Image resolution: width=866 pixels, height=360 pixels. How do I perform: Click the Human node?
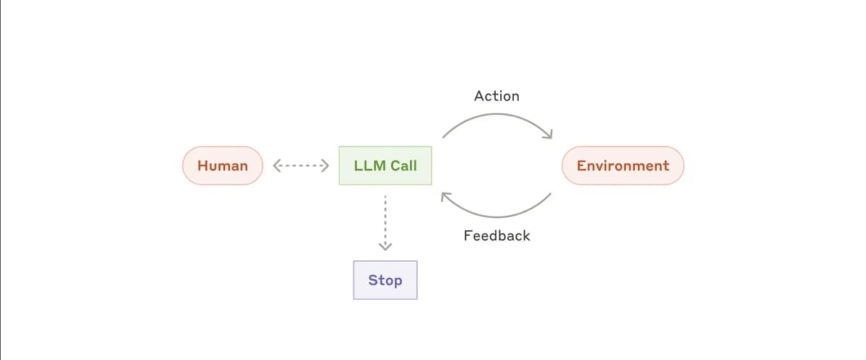(x=222, y=165)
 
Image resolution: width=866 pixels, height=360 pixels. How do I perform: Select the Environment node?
(x=622, y=165)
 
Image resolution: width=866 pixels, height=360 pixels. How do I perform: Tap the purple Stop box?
(x=385, y=280)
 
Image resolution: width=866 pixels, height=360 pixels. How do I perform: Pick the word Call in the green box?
(x=403, y=165)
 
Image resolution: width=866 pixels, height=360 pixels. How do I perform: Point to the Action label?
(x=497, y=95)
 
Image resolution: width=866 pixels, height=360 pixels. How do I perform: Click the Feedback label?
(x=497, y=235)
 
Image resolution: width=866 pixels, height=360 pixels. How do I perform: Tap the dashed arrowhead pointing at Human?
(x=276, y=165)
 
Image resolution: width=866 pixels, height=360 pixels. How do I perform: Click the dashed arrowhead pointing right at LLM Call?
(x=325, y=165)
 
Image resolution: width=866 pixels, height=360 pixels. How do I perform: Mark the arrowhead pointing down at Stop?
(x=385, y=247)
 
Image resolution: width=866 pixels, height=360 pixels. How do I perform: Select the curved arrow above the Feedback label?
(x=497, y=215)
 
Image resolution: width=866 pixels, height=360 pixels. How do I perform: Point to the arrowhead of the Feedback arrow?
(x=445, y=196)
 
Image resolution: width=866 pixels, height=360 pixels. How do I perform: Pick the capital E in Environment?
(x=581, y=165)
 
